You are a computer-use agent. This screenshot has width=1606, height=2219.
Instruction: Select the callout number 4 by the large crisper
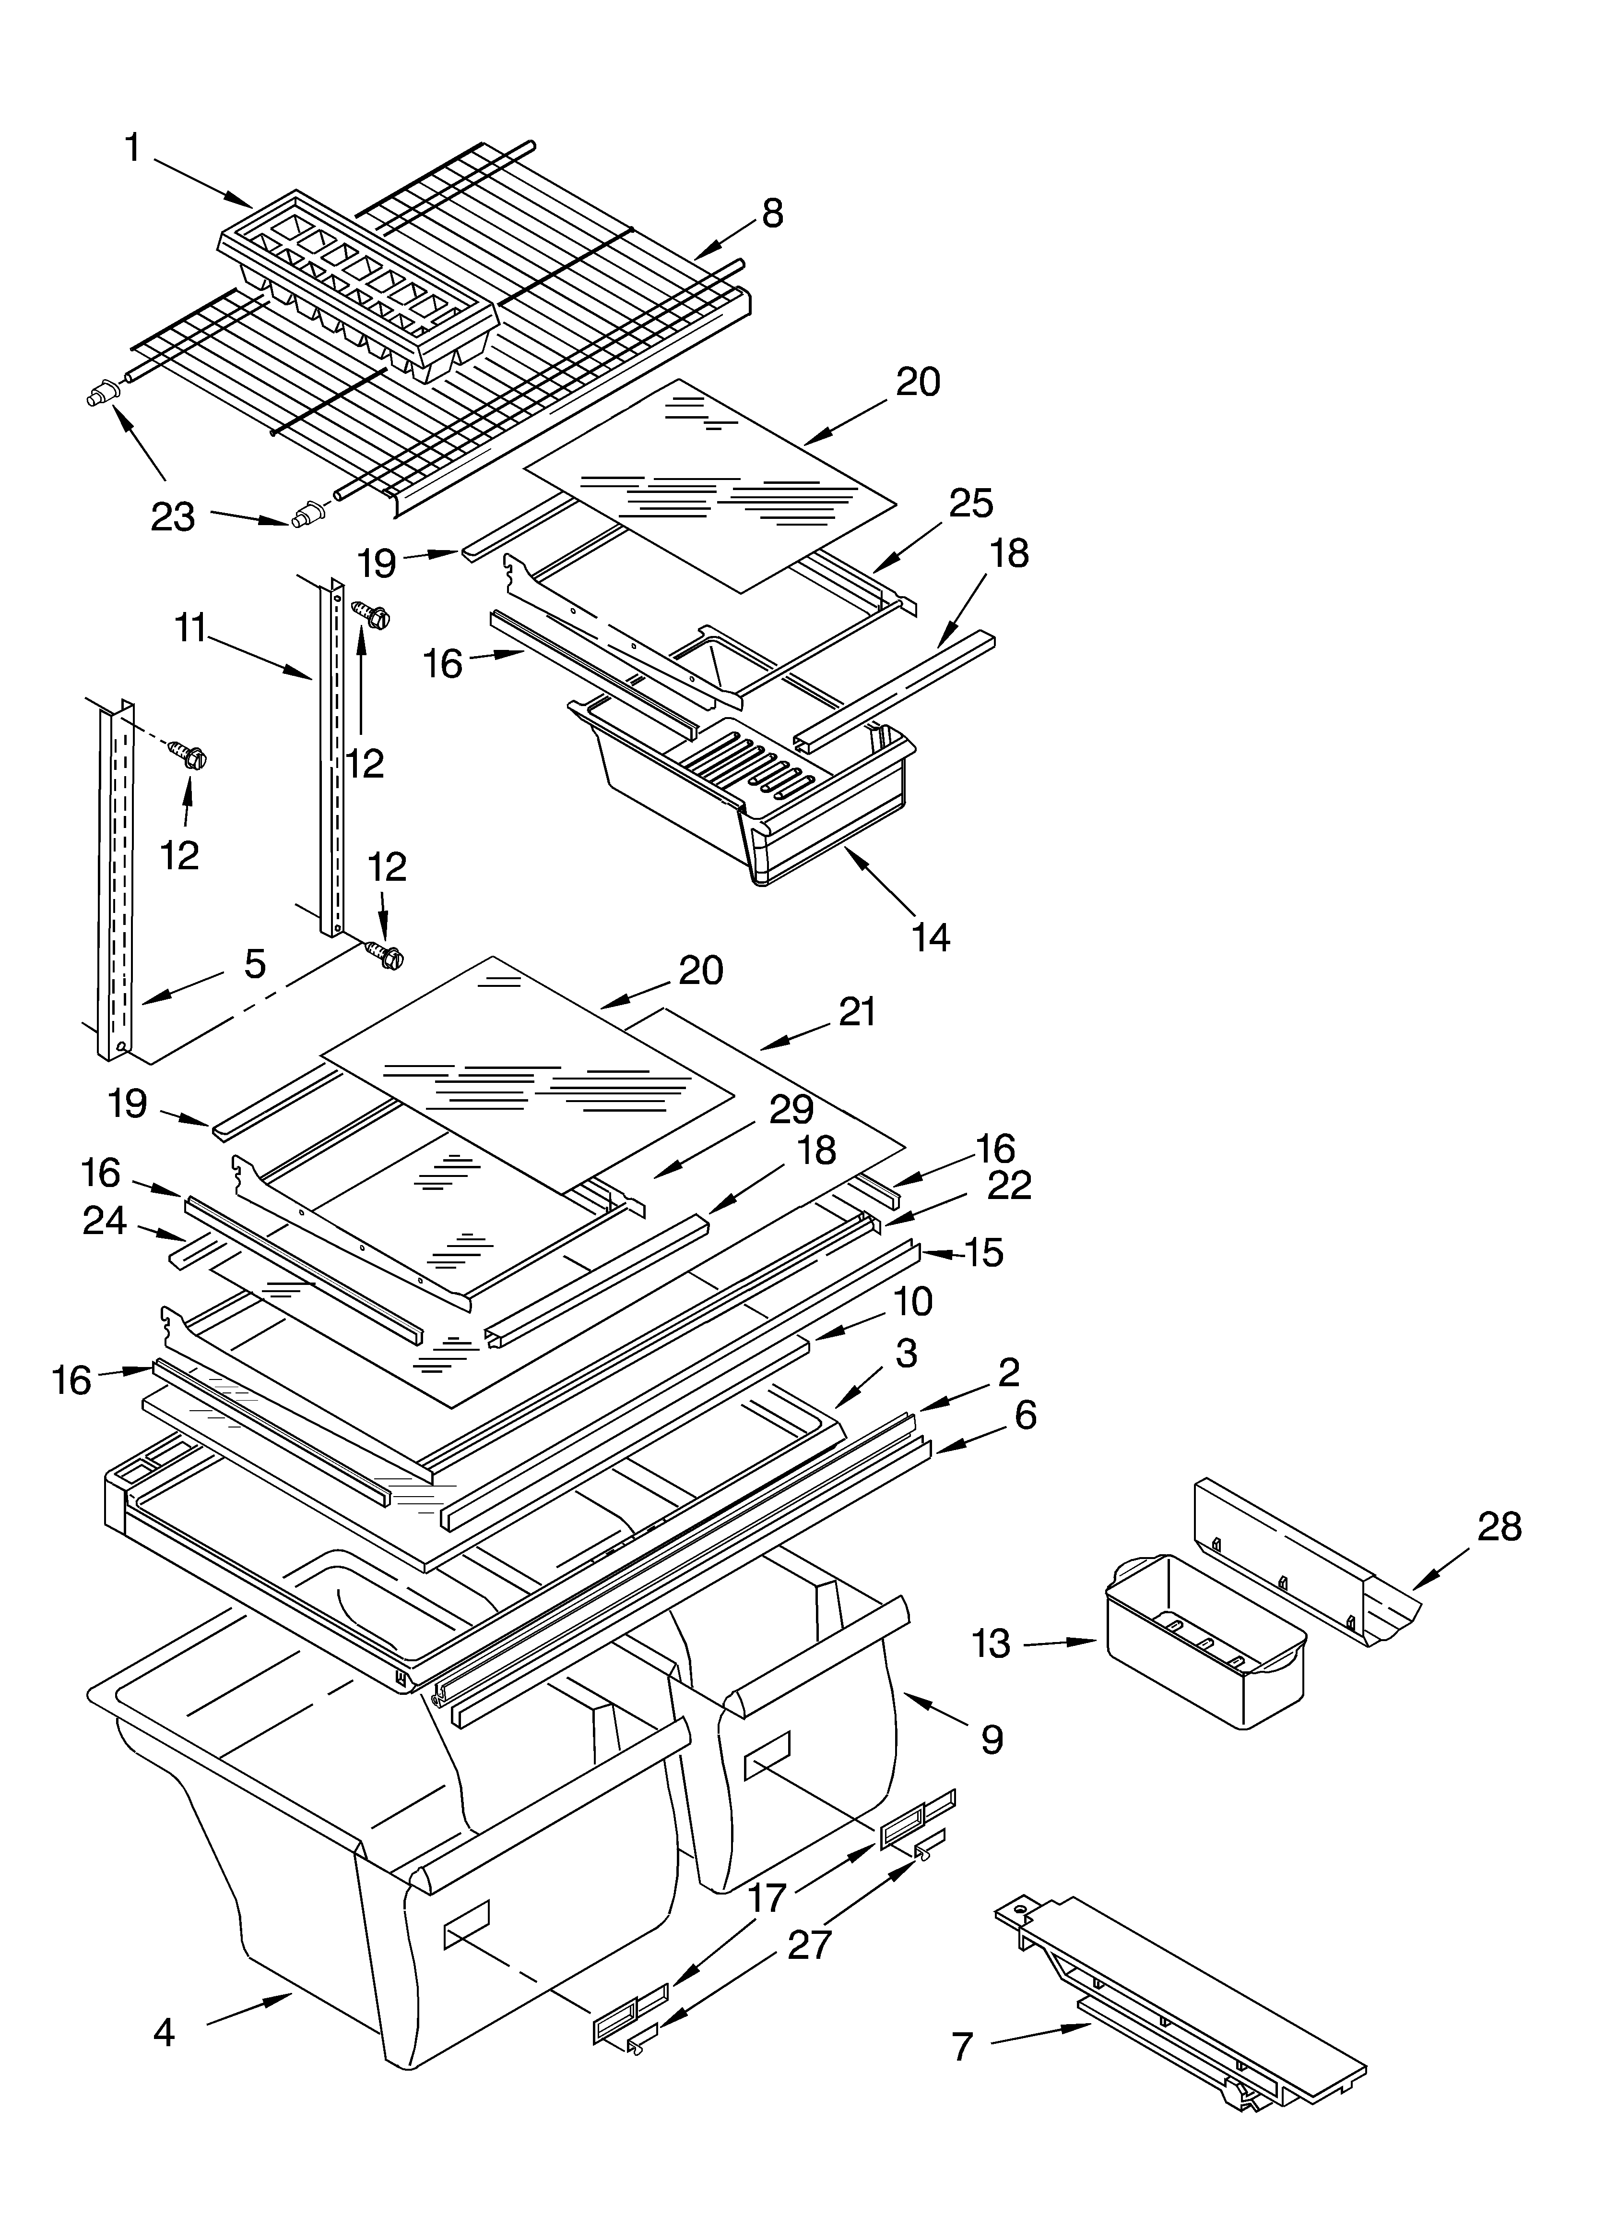(x=165, y=2006)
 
